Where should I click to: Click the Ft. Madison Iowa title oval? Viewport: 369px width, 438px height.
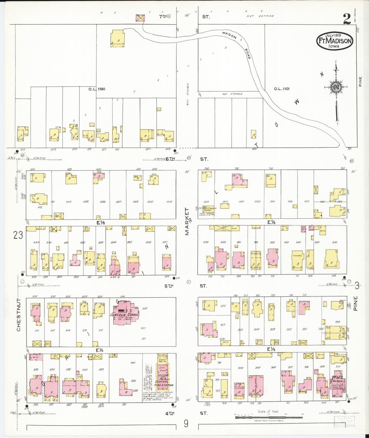[x=335, y=41]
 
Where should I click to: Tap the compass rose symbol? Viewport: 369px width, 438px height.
[x=335, y=87]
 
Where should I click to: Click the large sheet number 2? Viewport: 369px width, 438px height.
[x=347, y=19]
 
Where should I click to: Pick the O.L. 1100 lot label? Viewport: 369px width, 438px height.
[x=97, y=89]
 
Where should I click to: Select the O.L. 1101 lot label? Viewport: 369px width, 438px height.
[x=282, y=89]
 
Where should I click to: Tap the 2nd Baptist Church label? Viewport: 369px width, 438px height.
[x=209, y=209]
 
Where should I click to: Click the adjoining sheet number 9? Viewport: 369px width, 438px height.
[x=186, y=424]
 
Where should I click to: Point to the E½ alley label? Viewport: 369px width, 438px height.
[x=271, y=222]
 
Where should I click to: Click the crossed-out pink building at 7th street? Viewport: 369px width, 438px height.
[x=140, y=18]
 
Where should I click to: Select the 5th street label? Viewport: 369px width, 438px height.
[x=169, y=286]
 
